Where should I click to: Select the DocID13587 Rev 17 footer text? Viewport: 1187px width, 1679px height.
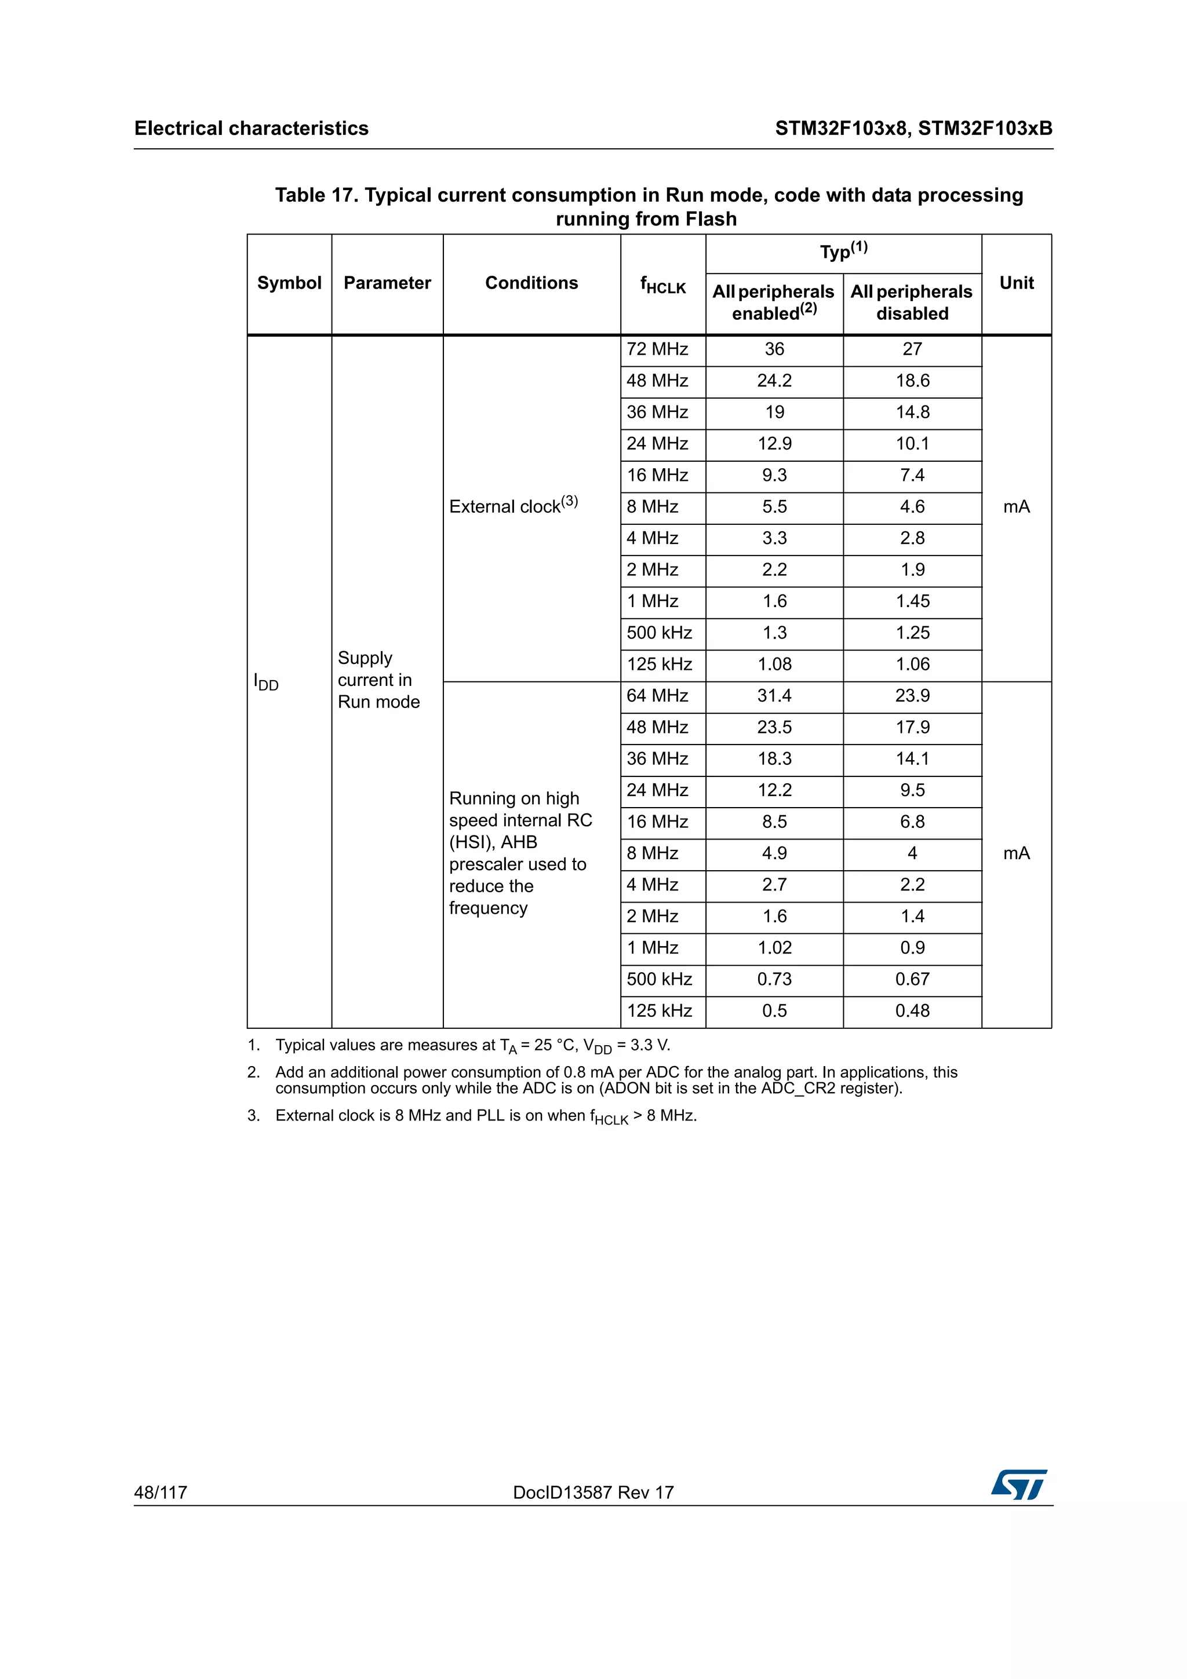pos(593,1492)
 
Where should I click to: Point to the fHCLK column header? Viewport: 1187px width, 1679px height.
pos(662,284)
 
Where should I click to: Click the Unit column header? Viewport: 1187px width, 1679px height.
pos(1016,283)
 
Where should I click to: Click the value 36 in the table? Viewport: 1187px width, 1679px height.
pos(774,349)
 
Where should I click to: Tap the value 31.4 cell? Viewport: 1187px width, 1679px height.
pos(774,695)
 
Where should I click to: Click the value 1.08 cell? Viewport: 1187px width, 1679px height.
pos(774,664)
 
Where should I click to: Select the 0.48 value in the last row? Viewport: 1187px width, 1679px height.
pos(912,1010)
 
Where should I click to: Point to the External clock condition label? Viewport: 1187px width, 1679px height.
pos(513,505)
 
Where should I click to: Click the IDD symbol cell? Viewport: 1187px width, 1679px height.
pos(266,683)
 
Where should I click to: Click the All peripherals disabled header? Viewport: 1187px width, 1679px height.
pos(912,302)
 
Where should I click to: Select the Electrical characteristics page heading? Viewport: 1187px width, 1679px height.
pos(251,129)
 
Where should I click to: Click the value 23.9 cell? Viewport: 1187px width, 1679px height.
pos(912,695)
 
